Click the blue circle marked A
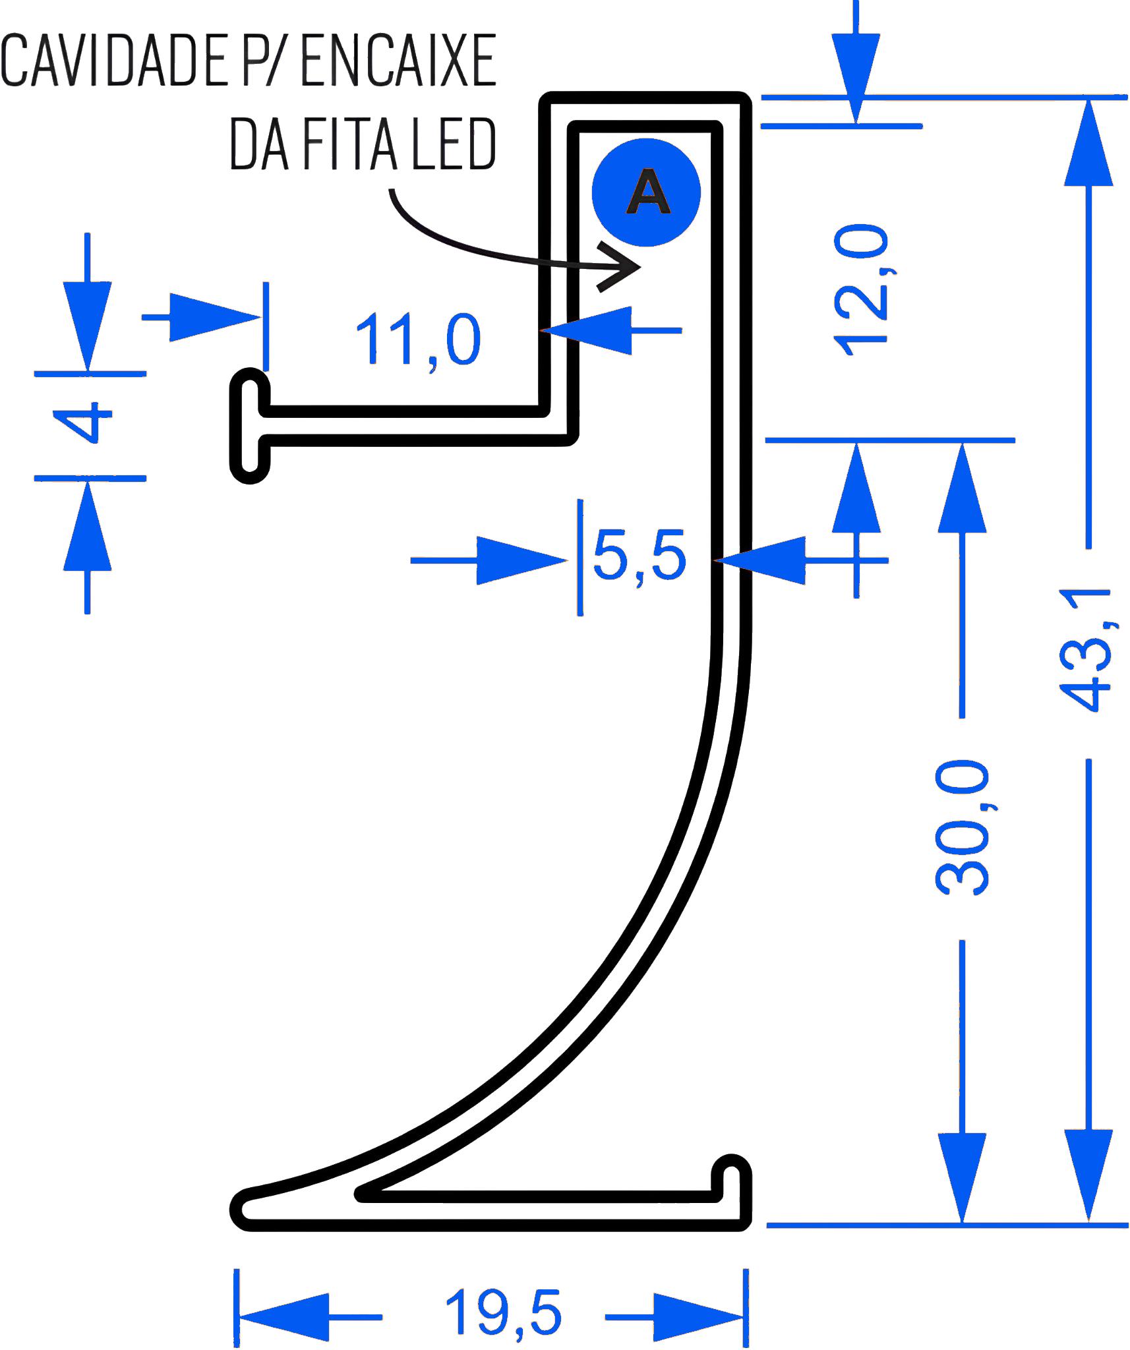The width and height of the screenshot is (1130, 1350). (x=646, y=192)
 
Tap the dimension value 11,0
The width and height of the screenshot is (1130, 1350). (x=418, y=340)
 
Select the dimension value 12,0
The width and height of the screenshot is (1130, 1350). (x=861, y=291)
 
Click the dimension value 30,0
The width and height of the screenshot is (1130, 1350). (x=963, y=828)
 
